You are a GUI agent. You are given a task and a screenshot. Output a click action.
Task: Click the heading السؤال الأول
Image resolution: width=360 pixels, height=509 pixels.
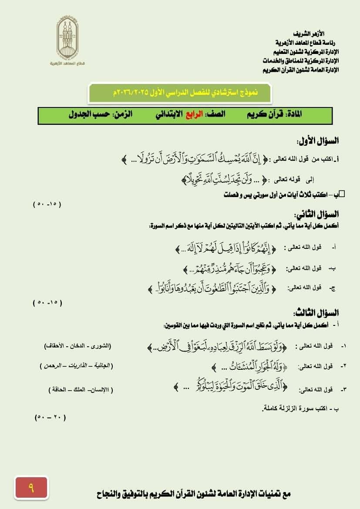pos(318,141)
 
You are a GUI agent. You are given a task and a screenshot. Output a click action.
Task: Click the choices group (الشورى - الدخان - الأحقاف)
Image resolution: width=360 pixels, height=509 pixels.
pos(77,346)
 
